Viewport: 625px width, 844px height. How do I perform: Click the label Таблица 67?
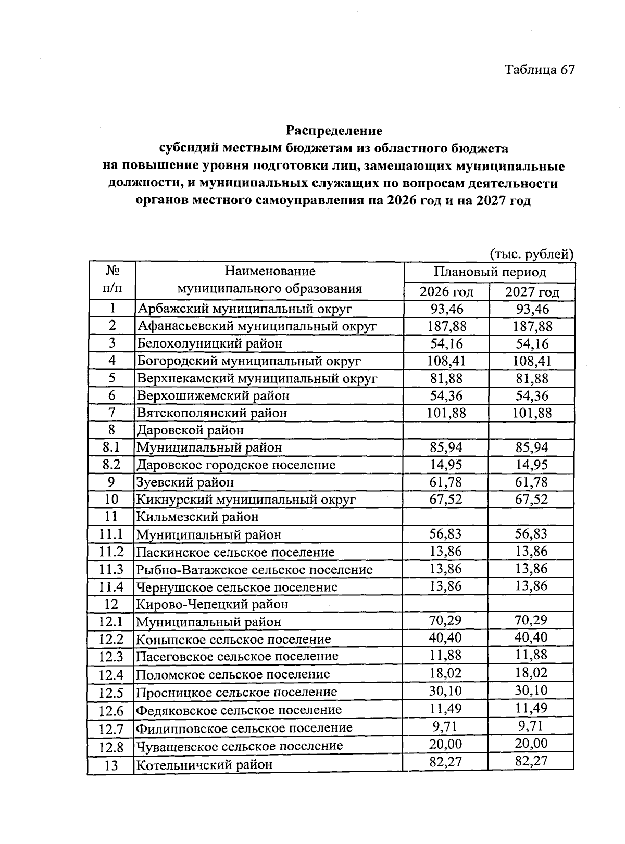(x=539, y=70)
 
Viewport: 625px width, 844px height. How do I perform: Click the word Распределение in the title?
(x=334, y=130)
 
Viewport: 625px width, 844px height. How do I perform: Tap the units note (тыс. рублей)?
(x=531, y=254)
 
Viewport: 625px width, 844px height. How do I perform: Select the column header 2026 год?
(x=446, y=292)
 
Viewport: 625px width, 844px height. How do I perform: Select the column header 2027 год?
(x=532, y=292)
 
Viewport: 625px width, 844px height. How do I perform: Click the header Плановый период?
(x=490, y=272)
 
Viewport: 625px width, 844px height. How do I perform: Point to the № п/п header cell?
(x=112, y=280)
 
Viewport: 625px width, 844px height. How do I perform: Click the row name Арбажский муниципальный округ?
(x=244, y=309)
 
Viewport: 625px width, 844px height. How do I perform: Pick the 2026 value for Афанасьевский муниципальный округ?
(x=446, y=326)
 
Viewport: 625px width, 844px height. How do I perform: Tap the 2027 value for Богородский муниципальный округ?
(x=532, y=361)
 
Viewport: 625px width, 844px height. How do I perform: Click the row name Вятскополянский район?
(x=211, y=413)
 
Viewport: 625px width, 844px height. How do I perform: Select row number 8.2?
(x=111, y=465)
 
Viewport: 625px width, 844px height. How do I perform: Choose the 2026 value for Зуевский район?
(x=446, y=482)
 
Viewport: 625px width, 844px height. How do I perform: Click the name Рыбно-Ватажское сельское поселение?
(x=254, y=570)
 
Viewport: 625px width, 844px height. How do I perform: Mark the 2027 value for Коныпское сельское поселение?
(x=531, y=637)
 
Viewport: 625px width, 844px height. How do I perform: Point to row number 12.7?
(x=111, y=728)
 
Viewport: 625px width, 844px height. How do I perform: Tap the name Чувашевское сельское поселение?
(x=239, y=746)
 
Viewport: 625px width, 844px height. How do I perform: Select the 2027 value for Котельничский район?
(x=531, y=761)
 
